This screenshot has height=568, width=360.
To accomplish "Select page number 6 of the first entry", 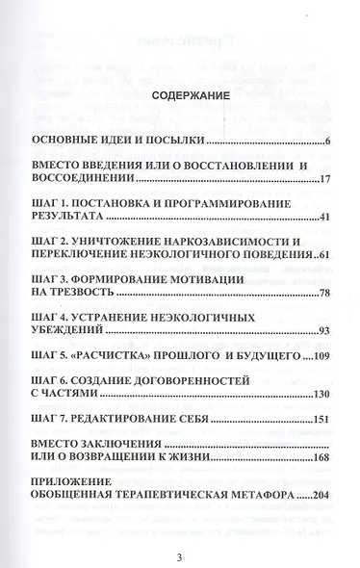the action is click(328, 143).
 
